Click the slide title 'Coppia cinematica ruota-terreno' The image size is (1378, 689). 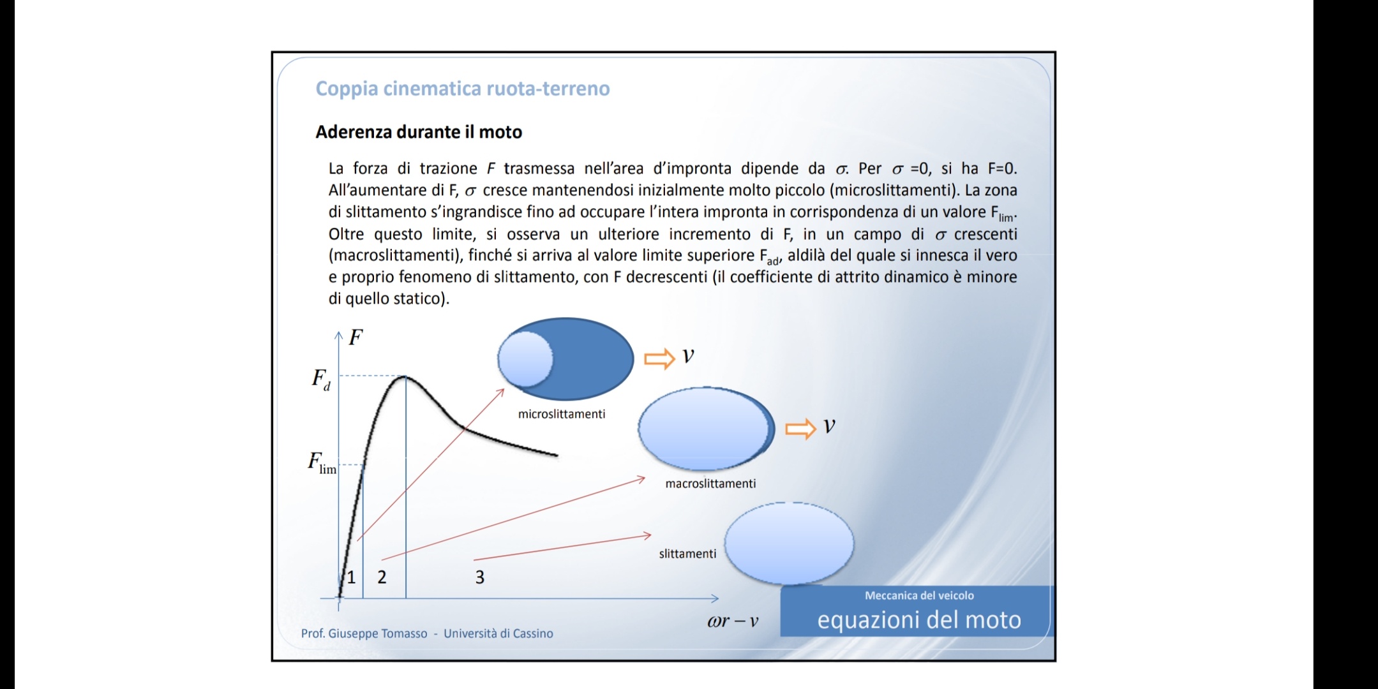coord(463,89)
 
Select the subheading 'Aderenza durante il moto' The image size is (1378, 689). coord(419,132)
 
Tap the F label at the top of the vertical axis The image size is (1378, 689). coord(356,337)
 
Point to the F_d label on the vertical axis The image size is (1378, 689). coord(321,380)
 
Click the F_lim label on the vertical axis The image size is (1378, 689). coord(322,463)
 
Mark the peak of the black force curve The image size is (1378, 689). coord(404,376)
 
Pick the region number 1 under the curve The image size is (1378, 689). coord(351,577)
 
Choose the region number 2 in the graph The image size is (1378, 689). coord(382,577)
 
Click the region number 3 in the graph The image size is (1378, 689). coord(480,577)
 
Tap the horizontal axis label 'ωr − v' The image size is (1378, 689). coord(733,621)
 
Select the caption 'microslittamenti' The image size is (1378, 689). coord(562,414)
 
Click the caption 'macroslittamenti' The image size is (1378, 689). coord(710,484)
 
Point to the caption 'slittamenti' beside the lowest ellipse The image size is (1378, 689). coord(687,554)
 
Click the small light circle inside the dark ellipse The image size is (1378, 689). coord(525,360)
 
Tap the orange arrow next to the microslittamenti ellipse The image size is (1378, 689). coord(659,359)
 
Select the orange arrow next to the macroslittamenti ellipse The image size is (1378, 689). coord(800,429)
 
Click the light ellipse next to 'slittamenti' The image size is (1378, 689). coord(790,544)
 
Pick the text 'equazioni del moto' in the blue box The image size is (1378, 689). coord(919,620)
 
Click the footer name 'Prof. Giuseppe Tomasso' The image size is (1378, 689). coord(364,633)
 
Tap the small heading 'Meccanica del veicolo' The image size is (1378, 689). coord(919,595)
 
